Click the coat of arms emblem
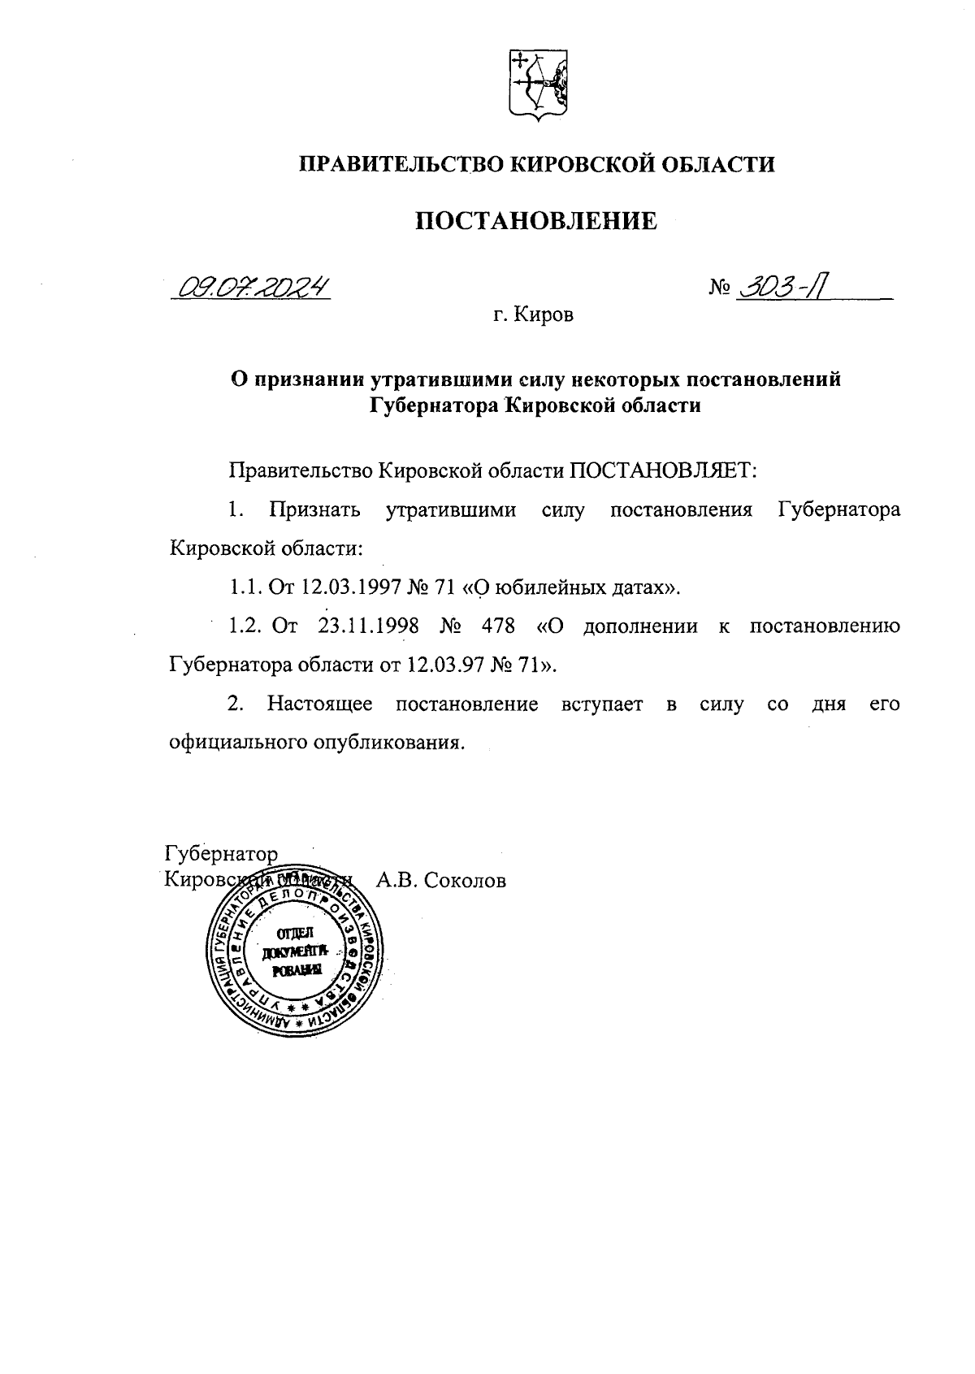pyautogui.click(x=538, y=86)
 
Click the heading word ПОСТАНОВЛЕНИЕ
pyautogui.click(x=536, y=221)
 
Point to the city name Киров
pyautogui.click(x=544, y=315)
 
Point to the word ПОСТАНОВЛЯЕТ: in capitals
pyautogui.click(x=662, y=471)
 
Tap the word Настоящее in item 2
pyautogui.click(x=320, y=704)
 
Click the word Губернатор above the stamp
pyautogui.click(x=221, y=855)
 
